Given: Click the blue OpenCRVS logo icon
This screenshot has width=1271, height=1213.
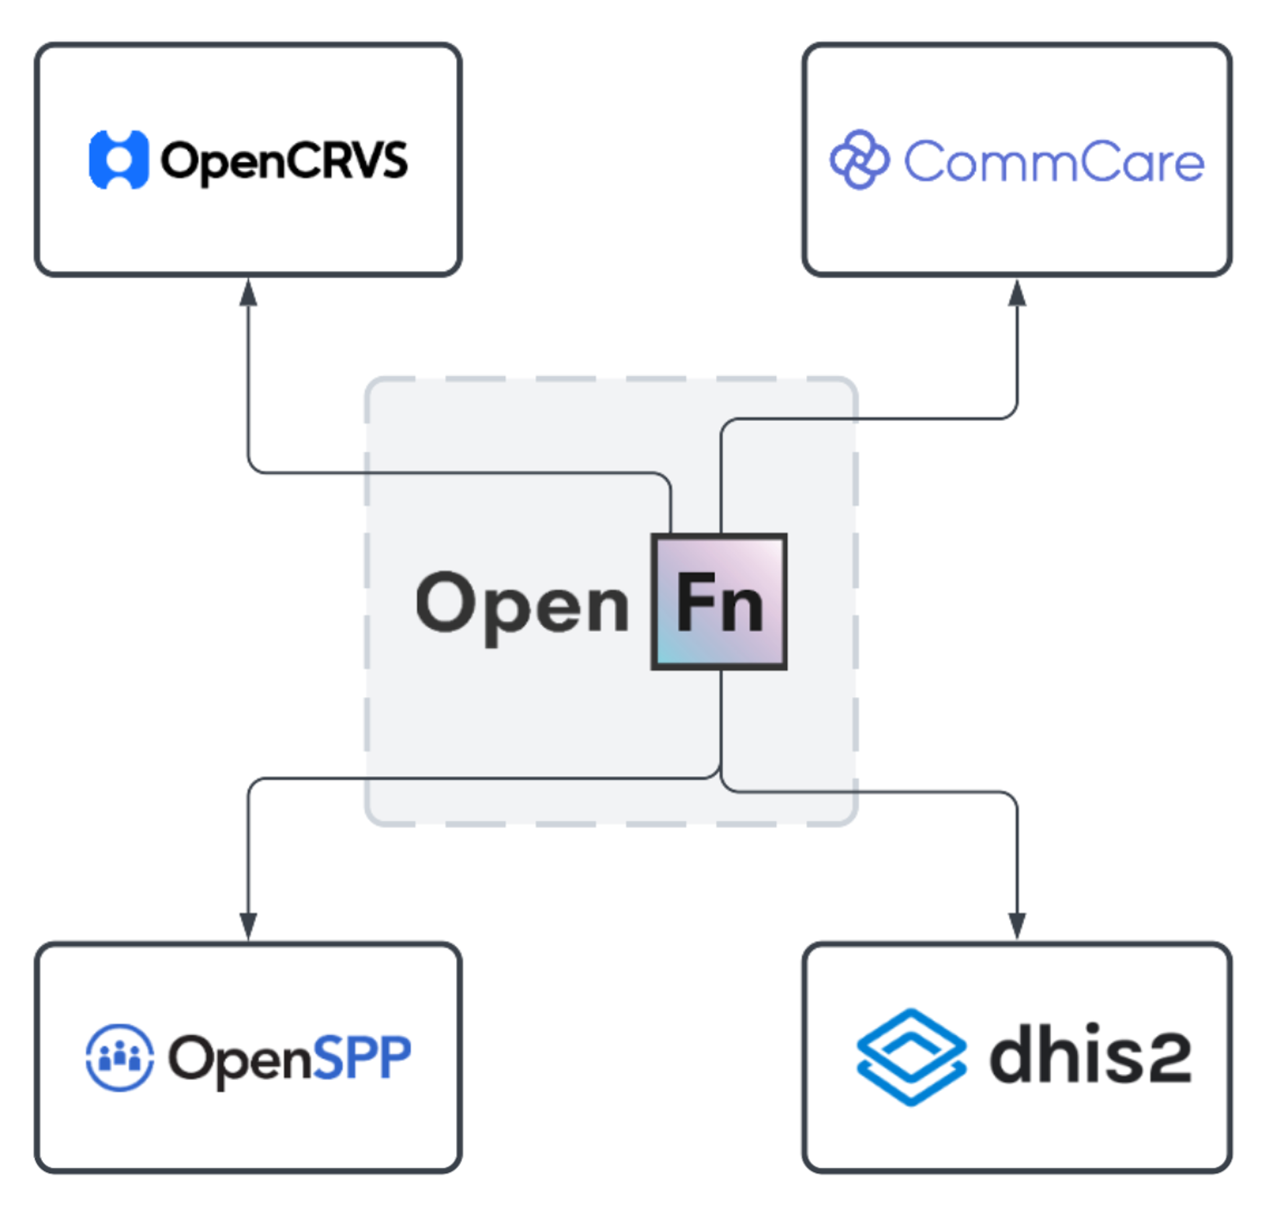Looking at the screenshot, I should pos(118,160).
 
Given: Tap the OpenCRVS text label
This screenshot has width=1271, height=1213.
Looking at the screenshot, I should pos(285,161).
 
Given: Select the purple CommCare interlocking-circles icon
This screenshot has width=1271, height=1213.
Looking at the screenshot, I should pos(859,160).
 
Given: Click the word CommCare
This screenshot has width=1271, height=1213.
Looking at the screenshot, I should pos(1053,162).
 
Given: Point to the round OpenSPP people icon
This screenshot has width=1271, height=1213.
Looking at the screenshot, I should pos(120,1057).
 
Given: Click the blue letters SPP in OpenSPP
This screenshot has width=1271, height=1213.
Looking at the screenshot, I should pos(361,1057).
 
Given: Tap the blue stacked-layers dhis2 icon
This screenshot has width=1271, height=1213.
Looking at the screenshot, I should pos(911,1057).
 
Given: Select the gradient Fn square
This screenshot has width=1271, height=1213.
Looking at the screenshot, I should pos(720,601).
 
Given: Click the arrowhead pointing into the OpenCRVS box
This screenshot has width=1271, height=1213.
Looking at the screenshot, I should pos(248,292).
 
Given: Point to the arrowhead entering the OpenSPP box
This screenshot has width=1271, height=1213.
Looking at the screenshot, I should pos(248,926).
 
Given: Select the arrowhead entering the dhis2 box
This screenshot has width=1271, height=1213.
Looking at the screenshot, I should pos(1017,926).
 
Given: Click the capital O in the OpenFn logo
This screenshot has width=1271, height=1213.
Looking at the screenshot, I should pos(446,601).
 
